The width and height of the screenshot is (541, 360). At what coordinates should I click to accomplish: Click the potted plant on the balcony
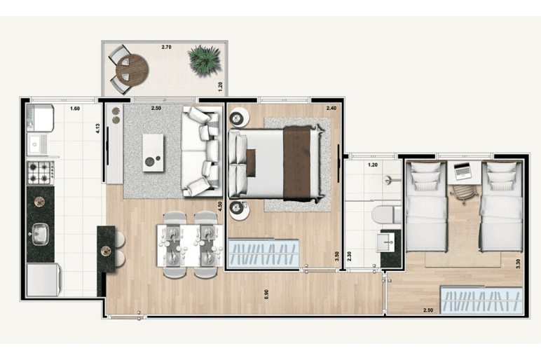tap(204, 61)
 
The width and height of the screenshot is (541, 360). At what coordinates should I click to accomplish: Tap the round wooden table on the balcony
tap(132, 70)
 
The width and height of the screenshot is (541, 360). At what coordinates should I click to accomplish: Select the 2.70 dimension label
tap(166, 47)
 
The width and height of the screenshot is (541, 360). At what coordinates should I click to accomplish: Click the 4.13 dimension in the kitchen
tap(97, 129)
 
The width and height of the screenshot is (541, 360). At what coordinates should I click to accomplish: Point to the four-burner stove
tap(41, 173)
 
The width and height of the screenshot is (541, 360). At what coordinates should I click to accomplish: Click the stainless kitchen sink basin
tap(40, 235)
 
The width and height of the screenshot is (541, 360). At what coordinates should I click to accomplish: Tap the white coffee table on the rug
tap(153, 153)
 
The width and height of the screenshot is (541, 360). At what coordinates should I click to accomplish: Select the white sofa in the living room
tap(202, 151)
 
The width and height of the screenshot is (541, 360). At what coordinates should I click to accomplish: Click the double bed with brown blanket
tap(276, 164)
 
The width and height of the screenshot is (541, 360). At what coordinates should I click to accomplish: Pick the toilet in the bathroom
tap(385, 214)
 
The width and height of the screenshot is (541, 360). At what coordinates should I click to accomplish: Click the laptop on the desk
tap(463, 171)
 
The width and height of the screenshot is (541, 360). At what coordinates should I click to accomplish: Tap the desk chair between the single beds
tap(463, 193)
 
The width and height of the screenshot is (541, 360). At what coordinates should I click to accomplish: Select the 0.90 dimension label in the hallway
tap(266, 294)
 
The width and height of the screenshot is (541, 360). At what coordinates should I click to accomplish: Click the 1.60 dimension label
tap(75, 109)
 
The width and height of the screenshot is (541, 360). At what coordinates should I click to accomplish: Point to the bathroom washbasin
tap(385, 242)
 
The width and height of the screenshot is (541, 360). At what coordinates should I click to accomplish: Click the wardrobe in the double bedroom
tap(263, 253)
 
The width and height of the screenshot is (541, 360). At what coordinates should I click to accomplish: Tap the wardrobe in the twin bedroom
tap(481, 300)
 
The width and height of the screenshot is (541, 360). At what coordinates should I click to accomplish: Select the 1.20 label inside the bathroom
tap(373, 165)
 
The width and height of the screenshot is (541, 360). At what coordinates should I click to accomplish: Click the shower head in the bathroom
tap(388, 180)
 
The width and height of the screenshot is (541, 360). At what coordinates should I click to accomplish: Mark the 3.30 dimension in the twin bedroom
tap(518, 264)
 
